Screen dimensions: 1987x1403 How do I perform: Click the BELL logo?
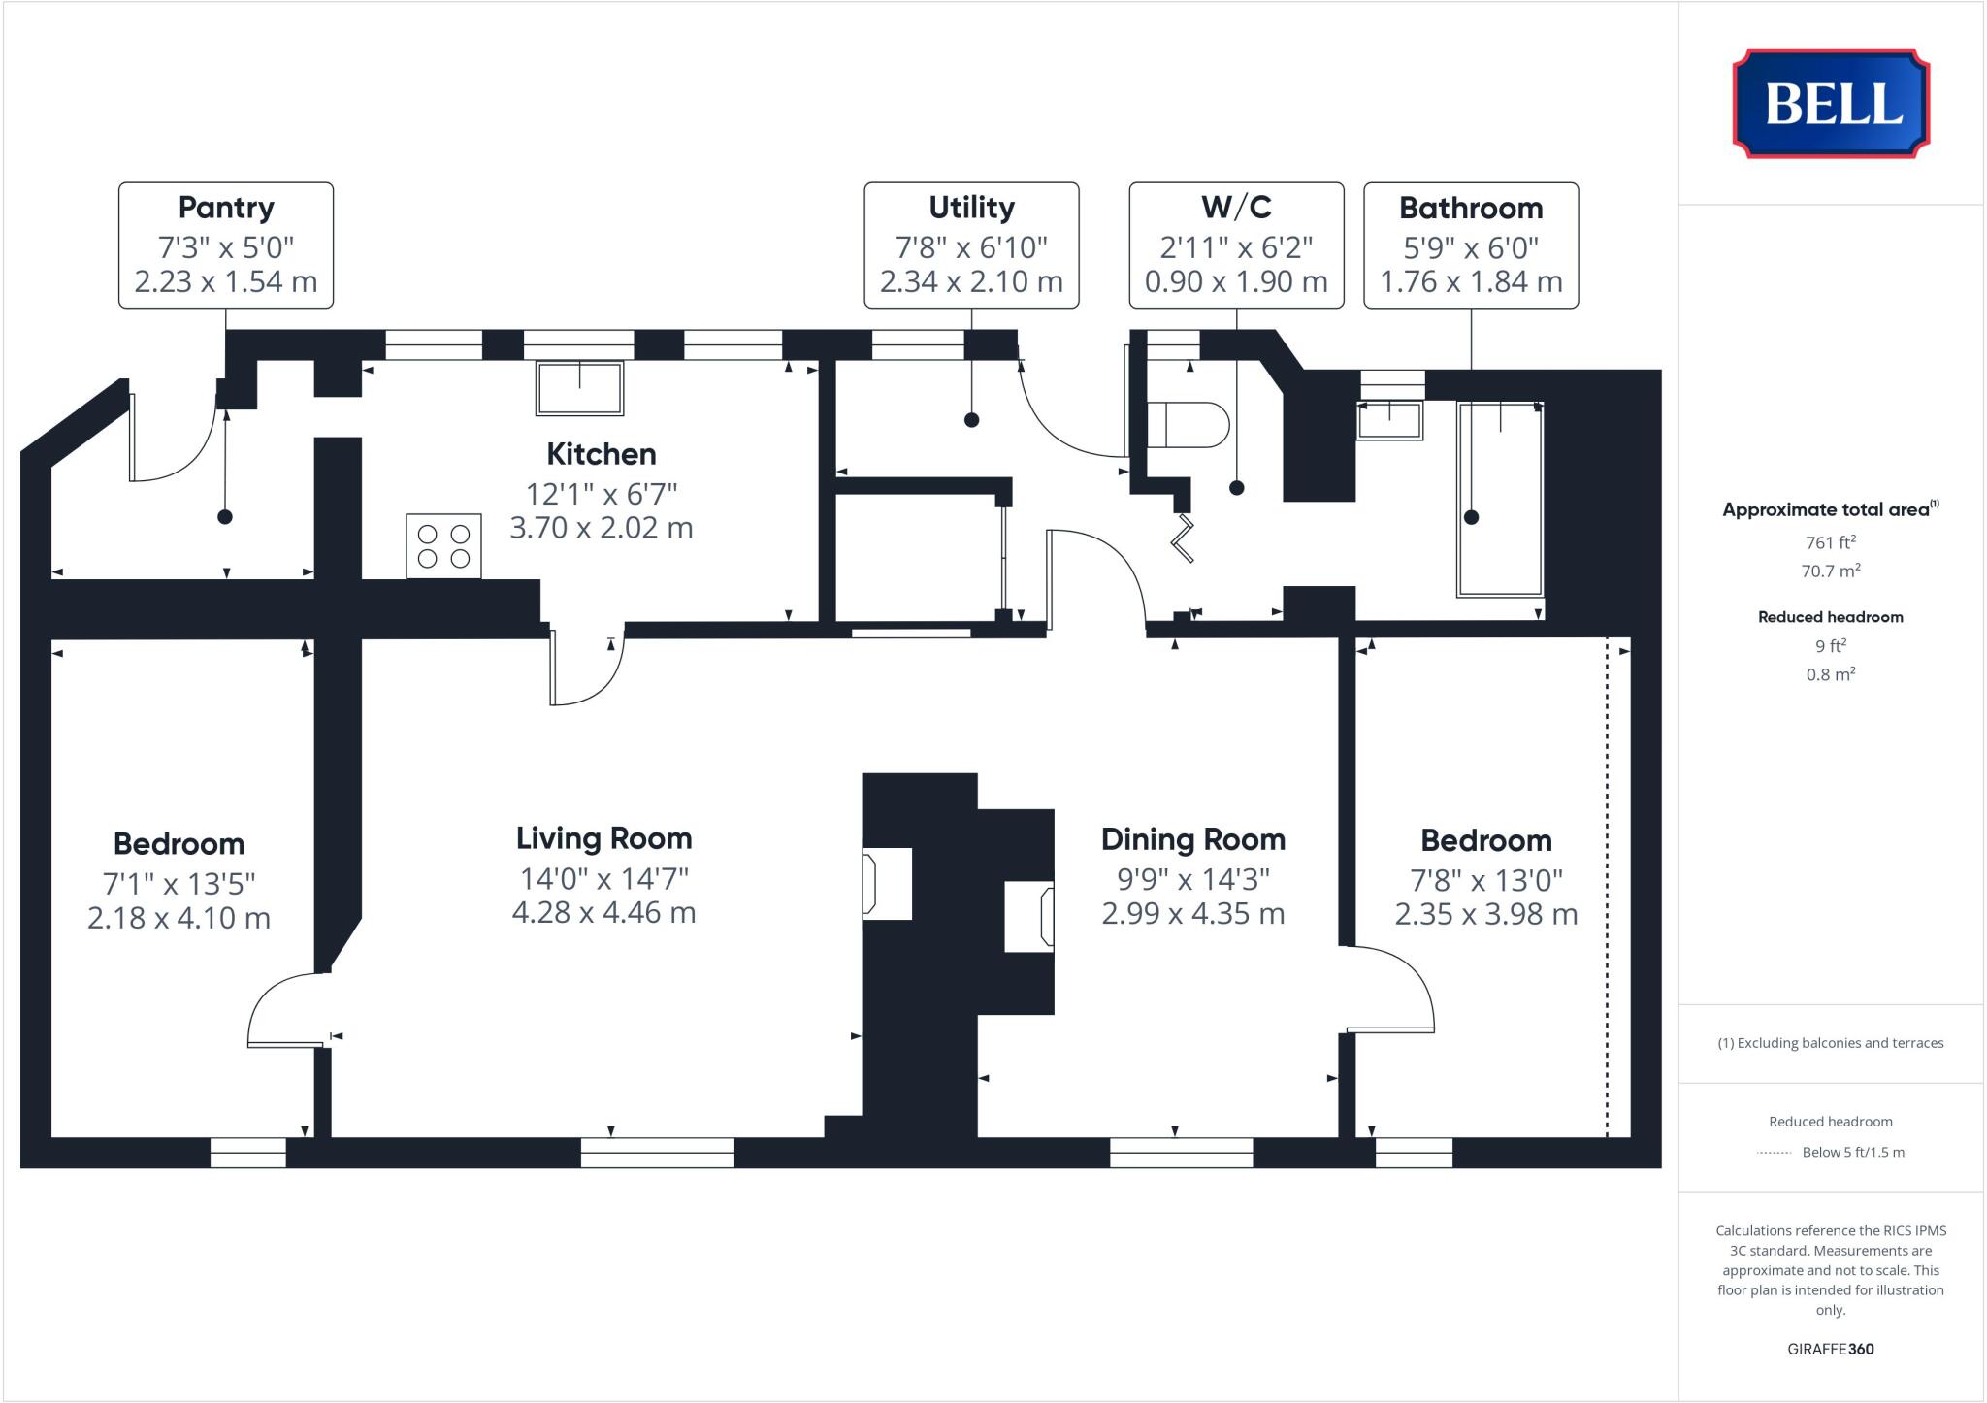pyautogui.click(x=1831, y=104)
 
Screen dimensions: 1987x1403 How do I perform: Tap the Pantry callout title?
pyautogui.click(x=226, y=208)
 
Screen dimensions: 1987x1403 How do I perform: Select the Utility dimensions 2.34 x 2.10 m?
pyautogui.click(x=971, y=281)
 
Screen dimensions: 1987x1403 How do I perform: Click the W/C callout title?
pyautogui.click(x=1236, y=208)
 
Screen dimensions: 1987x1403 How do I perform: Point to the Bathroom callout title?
pyautogui.click(x=1471, y=208)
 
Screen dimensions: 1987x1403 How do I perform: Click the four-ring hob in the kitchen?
pyautogui.click(x=443, y=546)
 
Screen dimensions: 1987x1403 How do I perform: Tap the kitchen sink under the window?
pyautogui.click(x=579, y=388)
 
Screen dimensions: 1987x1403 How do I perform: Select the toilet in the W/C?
pyautogui.click(x=1188, y=425)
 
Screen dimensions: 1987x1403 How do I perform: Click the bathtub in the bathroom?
pyautogui.click(x=1499, y=499)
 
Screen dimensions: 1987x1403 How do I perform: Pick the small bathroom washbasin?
pyautogui.click(x=1390, y=421)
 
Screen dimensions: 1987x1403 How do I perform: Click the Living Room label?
pyautogui.click(x=603, y=838)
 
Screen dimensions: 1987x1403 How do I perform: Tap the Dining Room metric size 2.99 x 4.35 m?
pyautogui.click(x=1193, y=914)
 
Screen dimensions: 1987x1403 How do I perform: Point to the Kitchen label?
pyautogui.click(x=602, y=454)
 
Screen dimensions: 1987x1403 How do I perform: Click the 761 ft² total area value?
pyautogui.click(x=1831, y=542)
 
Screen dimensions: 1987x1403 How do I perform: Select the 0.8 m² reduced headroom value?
pyautogui.click(x=1831, y=674)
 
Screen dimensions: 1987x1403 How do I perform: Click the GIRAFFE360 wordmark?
pyautogui.click(x=1831, y=1349)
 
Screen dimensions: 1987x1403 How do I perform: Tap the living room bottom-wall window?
pyautogui.click(x=658, y=1153)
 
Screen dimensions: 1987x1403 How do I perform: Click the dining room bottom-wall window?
pyautogui.click(x=1181, y=1153)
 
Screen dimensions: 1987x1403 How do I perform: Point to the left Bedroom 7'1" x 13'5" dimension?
pyautogui.click(x=179, y=884)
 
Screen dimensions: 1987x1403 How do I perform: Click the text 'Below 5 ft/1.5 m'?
pyautogui.click(x=1853, y=1153)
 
